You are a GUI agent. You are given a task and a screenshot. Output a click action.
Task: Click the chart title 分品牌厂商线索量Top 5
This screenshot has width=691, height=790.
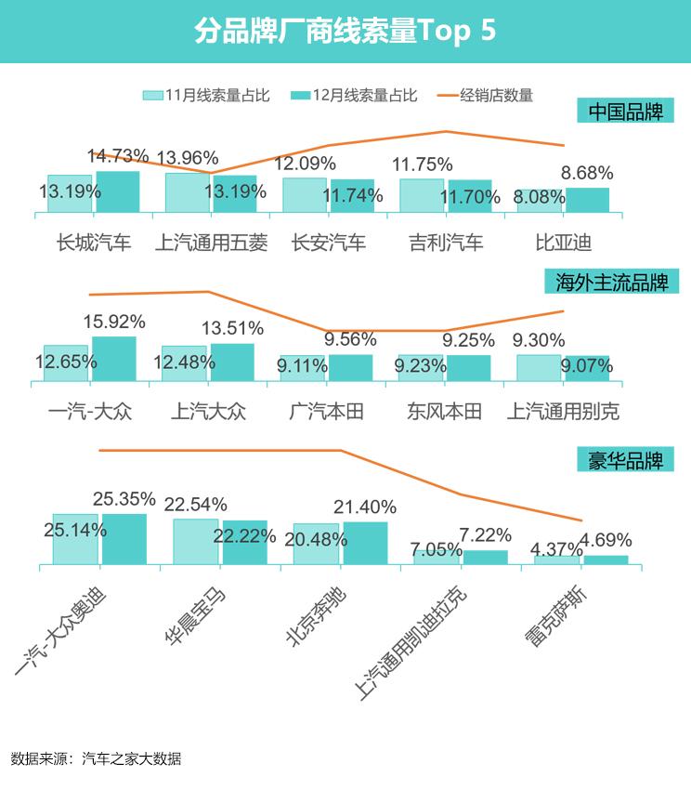coord(345,31)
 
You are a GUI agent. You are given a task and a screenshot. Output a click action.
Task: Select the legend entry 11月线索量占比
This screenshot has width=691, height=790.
coord(206,95)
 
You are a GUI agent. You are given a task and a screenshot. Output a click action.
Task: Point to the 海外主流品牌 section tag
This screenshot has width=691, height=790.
coord(611,281)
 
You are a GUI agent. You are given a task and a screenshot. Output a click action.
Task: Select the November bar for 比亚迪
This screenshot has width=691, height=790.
coord(540,201)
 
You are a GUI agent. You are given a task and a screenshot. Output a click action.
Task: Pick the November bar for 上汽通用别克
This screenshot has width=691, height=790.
coord(539,368)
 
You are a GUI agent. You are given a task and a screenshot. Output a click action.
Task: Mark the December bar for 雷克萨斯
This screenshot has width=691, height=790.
coord(606,560)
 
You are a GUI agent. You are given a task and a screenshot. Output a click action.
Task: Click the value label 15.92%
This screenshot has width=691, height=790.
coord(114,323)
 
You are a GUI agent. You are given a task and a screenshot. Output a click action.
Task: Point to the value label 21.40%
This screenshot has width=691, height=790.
coord(365,507)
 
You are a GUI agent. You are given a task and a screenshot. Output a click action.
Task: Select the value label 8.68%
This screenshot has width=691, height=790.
coord(587,173)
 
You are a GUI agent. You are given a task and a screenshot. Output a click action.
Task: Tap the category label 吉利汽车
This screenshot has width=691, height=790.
coord(446,244)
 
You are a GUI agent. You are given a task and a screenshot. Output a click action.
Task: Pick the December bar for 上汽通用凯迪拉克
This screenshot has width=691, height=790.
coord(486,557)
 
